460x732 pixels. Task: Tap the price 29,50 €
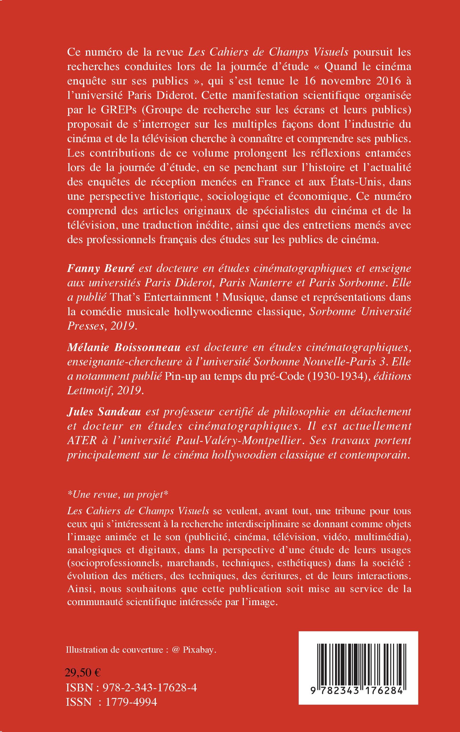click(83, 673)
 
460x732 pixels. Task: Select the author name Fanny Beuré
click(100, 269)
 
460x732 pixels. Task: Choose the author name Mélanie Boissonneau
click(124, 347)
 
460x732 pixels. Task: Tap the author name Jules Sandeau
click(104, 412)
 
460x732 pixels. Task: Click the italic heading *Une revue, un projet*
click(117, 494)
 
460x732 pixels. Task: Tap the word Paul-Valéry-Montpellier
click(238, 440)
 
